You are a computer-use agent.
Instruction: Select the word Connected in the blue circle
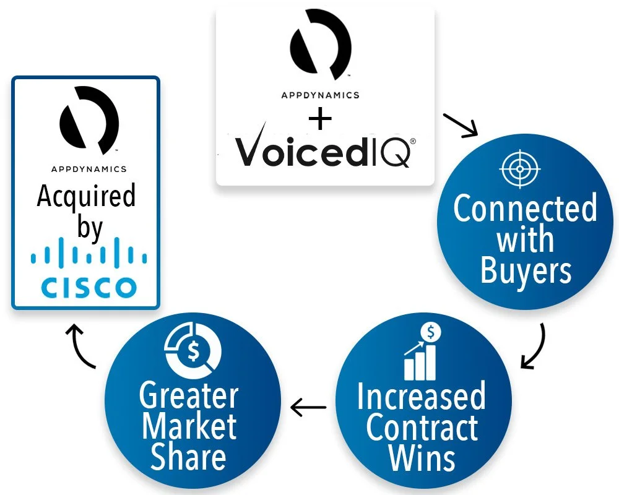click(525, 209)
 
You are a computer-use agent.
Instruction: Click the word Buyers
click(526, 271)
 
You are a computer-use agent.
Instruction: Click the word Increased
click(421, 397)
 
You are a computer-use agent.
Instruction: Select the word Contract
click(422, 428)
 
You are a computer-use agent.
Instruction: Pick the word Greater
click(189, 395)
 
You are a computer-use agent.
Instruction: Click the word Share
click(189, 457)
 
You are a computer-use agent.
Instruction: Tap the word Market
click(189, 426)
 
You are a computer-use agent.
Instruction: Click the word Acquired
click(86, 196)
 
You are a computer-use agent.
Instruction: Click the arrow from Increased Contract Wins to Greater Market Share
click(308, 407)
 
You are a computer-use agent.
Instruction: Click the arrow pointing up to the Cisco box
click(80, 346)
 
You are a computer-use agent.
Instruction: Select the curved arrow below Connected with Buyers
click(534, 346)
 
